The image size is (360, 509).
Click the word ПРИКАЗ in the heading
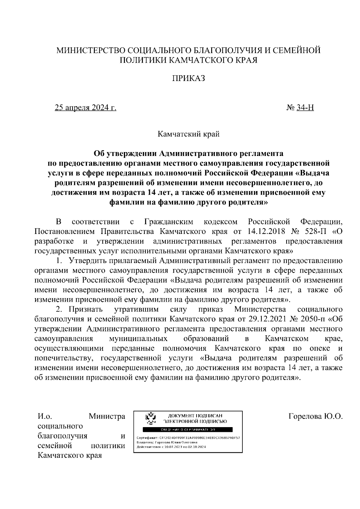tap(188, 79)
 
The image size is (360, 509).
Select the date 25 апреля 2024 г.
tap(85, 108)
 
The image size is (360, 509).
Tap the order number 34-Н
tap(305, 108)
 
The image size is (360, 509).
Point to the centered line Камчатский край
tap(189, 134)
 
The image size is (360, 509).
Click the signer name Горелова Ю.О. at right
tap(315, 417)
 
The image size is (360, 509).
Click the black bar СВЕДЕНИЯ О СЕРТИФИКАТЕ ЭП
tap(188, 430)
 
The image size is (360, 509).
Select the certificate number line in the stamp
tap(188, 438)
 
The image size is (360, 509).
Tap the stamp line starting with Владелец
tap(167, 442)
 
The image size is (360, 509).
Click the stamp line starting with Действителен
tap(171, 447)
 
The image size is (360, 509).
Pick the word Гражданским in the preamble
tap(169, 222)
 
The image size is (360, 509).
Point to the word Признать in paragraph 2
tap(86, 309)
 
